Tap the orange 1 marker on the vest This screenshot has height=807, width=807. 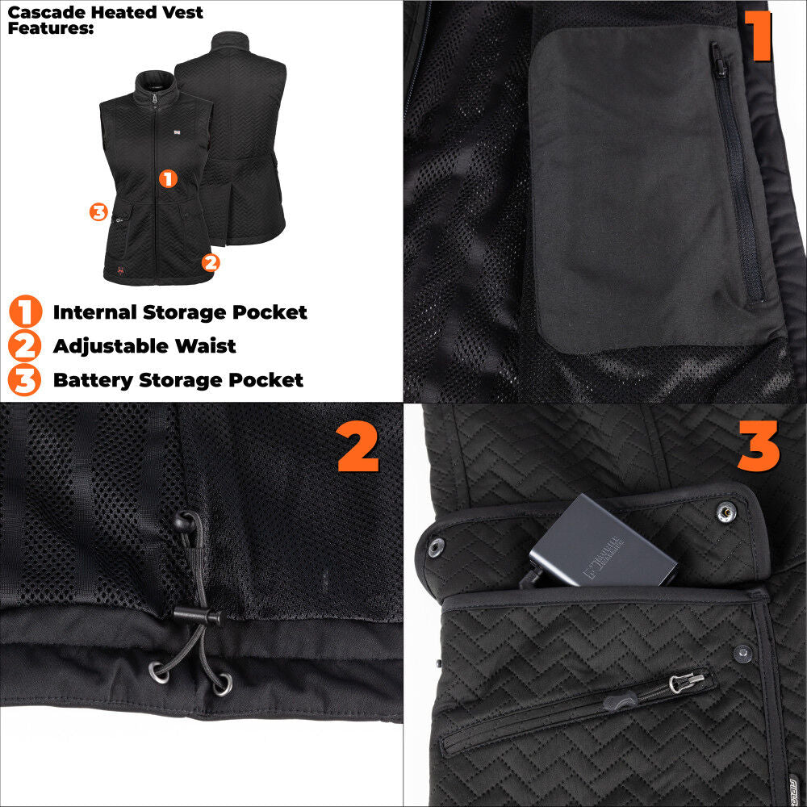(168, 178)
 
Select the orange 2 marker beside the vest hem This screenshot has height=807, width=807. (210, 262)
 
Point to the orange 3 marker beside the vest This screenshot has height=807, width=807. (98, 211)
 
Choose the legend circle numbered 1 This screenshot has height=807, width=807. (25, 312)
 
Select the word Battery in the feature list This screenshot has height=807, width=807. (89, 380)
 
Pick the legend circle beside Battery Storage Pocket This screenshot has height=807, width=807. (25, 380)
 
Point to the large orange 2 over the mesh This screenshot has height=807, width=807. (358, 449)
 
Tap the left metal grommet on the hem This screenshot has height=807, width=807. (157, 667)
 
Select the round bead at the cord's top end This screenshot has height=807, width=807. (184, 522)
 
